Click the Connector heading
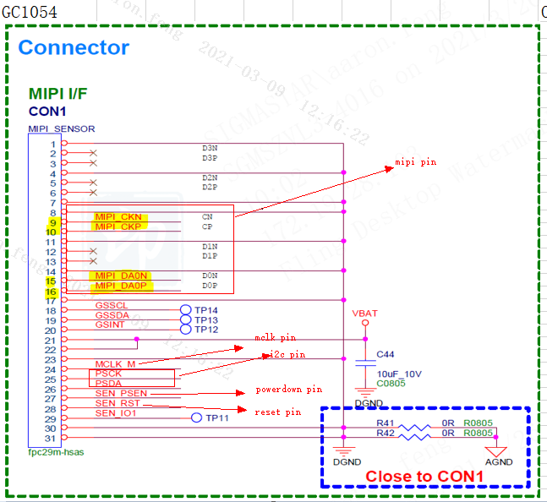click(x=74, y=47)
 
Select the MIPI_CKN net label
click(x=118, y=217)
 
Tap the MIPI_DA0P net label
click(x=121, y=286)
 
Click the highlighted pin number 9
click(x=52, y=222)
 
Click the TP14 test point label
click(x=206, y=310)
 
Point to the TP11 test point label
click(x=218, y=418)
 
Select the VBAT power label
click(x=364, y=313)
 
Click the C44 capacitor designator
click(x=386, y=354)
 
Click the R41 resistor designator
click(x=386, y=423)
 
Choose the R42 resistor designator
click(x=386, y=433)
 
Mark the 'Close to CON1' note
click(x=424, y=477)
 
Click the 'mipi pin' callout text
click(x=416, y=161)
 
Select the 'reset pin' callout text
click(x=277, y=412)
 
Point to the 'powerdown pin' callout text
click(x=288, y=390)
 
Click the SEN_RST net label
click(x=117, y=404)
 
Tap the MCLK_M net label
click(x=115, y=364)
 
